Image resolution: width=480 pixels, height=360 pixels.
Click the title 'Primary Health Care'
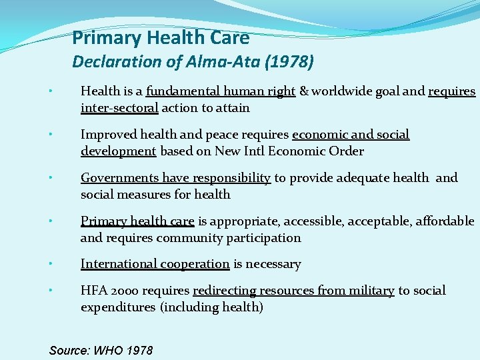point(160,38)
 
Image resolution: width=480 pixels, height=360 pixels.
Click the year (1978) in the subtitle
point(289,62)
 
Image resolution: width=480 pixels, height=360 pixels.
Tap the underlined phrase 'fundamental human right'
point(221,91)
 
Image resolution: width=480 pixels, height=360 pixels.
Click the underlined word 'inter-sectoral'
point(119,108)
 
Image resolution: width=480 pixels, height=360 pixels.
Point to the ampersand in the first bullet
point(304,91)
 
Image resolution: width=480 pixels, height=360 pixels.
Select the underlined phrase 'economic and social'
point(351,135)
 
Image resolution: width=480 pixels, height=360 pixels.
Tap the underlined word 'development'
point(118,151)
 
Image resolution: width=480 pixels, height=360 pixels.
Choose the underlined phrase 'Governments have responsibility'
point(175,178)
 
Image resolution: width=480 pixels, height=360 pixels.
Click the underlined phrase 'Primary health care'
point(137,221)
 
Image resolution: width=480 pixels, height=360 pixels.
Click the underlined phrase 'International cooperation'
point(155,264)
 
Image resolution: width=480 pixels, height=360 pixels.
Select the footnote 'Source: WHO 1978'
point(101,350)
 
